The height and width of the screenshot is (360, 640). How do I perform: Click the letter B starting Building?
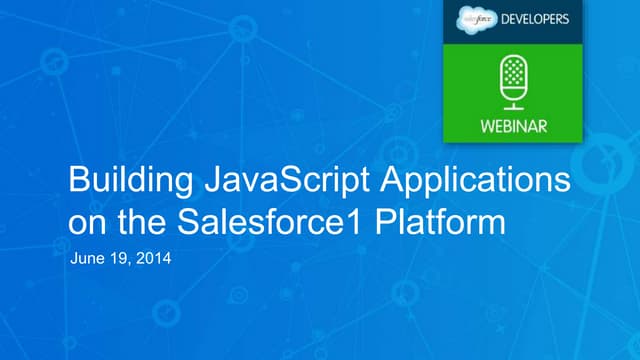pos(76,184)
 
